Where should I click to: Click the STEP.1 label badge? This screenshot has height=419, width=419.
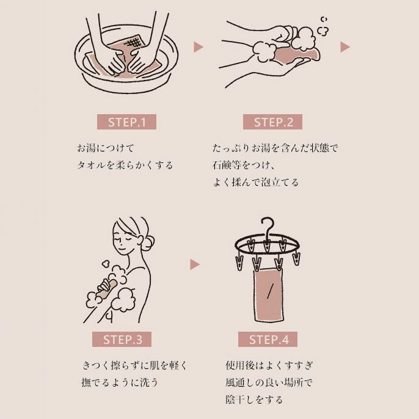[127, 122]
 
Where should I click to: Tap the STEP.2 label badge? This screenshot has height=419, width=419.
[274, 122]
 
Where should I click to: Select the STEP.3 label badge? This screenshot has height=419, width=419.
[122, 340]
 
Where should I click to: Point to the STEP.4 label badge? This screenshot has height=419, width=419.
[268, 340]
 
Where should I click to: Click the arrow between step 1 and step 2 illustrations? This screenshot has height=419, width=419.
[198, 46]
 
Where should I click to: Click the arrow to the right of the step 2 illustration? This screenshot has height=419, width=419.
[344, 46]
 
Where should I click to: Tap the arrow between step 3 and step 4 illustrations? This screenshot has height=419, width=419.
[195, 264]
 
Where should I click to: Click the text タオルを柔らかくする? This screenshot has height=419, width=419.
[125, 165]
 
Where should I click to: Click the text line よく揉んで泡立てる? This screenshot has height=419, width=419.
[255, 182]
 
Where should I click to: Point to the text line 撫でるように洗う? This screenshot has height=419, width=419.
[120, 383]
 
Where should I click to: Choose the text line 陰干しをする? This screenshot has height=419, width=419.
[254, 400]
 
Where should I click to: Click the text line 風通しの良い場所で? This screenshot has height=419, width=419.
[269, 383]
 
